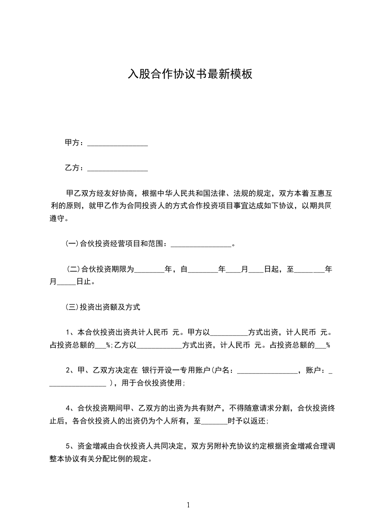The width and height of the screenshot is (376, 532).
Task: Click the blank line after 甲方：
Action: pos(118,143)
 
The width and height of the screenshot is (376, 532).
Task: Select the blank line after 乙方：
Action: pos(118,168)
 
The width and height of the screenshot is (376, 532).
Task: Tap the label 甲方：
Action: pos(75,143)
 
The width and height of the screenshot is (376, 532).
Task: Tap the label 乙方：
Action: pos(75,168)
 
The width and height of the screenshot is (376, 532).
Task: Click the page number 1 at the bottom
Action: pos(188,505)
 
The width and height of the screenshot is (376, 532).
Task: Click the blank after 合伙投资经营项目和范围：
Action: pos(201,244)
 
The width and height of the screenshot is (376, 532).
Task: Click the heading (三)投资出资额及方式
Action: pos(103,307)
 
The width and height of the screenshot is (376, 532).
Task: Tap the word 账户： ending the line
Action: pos(317,371)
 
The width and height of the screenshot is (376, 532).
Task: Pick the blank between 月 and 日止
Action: pos(66,283)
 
